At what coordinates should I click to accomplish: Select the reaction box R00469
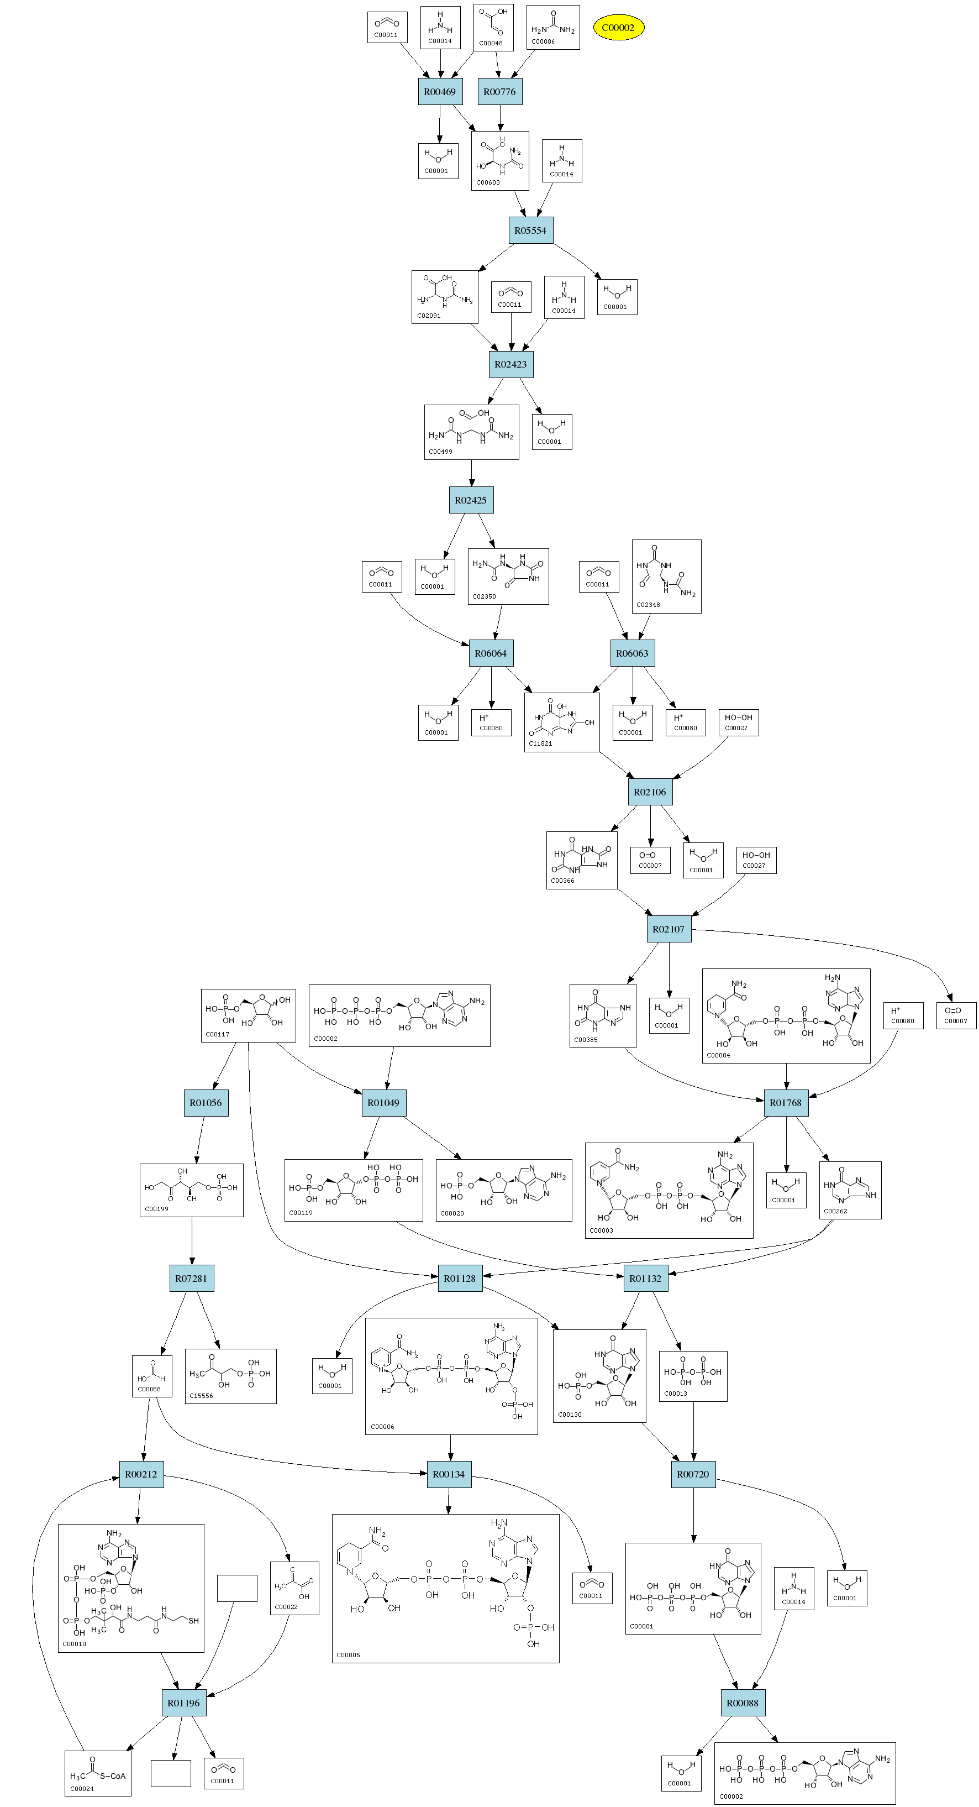click(440, 92)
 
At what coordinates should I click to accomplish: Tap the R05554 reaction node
click(530, 230)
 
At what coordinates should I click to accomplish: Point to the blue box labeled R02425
click(471, 500)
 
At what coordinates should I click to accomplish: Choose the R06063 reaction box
click(632, 653)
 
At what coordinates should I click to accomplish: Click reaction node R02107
click(669, 929)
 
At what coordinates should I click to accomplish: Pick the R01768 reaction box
click(786, 1103)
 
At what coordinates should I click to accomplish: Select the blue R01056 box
click(206, 1103)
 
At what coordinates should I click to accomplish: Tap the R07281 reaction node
click(192, 1278)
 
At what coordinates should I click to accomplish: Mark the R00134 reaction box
click(449, 1474)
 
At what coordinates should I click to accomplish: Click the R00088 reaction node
click(742, 1703)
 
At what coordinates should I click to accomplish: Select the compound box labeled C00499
click(471, 432)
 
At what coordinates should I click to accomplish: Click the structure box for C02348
click(666, 577)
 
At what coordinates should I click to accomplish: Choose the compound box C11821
click(562, 722)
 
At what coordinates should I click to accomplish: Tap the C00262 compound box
click(850, 1191)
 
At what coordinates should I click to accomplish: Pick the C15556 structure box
click(230, 1376)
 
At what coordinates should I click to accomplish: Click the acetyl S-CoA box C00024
click(97, 1773)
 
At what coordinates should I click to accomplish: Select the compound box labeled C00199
click(192, 1191)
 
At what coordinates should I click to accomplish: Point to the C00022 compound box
click(294, 1588)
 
